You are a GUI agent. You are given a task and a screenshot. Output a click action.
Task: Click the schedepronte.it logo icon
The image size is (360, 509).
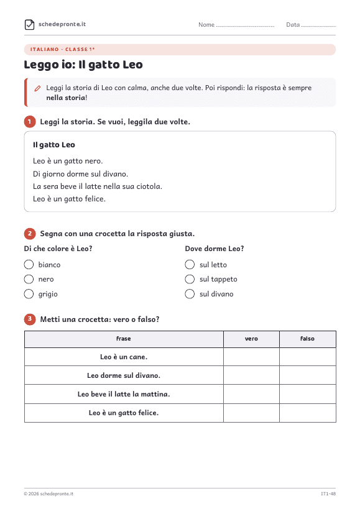[x=30, y=24]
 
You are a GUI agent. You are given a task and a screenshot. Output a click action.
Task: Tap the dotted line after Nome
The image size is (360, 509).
[x=245, y=26]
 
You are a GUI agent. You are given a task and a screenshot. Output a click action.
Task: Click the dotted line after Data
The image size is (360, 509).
[x=318, y=26]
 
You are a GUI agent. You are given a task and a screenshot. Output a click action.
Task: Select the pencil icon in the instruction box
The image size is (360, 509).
[x=38, y=88]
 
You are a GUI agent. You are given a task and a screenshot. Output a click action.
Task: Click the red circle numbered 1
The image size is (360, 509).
[x=30, y=122]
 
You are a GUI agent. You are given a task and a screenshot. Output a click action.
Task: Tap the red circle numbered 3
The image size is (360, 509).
[x=30, y=319]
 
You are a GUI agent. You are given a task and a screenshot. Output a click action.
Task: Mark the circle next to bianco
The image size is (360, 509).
[x=29, y=265]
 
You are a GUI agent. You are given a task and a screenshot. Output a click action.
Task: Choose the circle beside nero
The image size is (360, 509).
[x=29, y=279]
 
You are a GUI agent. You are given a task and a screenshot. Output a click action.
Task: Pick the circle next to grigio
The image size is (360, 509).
[x=29, y=294]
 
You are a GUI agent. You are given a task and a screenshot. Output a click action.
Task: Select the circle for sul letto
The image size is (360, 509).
[x=190, y=265]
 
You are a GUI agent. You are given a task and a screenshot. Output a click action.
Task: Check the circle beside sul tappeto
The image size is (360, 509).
[x=190, y=279]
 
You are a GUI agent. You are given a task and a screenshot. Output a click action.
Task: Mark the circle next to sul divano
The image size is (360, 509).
[x=190, y=294]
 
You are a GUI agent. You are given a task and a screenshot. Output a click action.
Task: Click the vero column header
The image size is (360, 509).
[x=251, y=339]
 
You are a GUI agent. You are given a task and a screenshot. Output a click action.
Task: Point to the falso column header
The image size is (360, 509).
[x=307, y=339]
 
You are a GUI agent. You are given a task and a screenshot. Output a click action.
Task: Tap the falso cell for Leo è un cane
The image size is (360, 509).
[x=307, y=357]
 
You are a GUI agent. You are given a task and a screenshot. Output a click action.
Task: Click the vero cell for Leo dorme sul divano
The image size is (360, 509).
[x=251, y=375]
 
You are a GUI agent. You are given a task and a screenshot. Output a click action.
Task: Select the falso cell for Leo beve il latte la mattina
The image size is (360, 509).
[x=307, y=394]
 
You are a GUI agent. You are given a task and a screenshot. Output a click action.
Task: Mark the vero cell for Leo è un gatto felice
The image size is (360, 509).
[x=251, y=413]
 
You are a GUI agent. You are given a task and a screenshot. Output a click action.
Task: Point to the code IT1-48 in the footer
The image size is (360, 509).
[x=328, y=493]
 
